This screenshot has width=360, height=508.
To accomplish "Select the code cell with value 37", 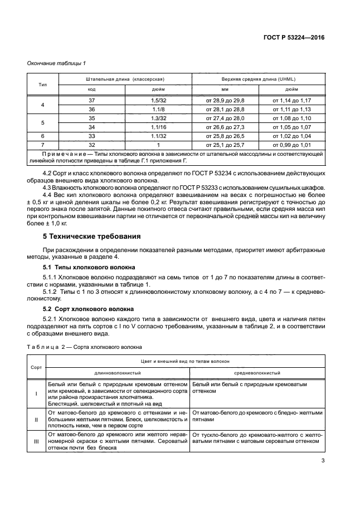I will pyautogui.click(x=92, y=100).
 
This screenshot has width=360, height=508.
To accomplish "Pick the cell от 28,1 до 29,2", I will pyautogui.click(x=225, y=109).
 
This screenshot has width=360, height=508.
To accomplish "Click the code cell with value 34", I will pyautogui.click(x=92, y=127).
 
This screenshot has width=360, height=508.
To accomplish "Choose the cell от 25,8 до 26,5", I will pyautogui.click(x=225, y=136).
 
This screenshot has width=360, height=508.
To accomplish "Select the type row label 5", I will pyautogui.click(x=43, y=122).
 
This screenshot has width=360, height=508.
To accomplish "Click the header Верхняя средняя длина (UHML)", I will pyautogui.click(x=259, y=79).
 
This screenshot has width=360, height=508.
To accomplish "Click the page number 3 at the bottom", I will pyautogui.click(x=323, y=460).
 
